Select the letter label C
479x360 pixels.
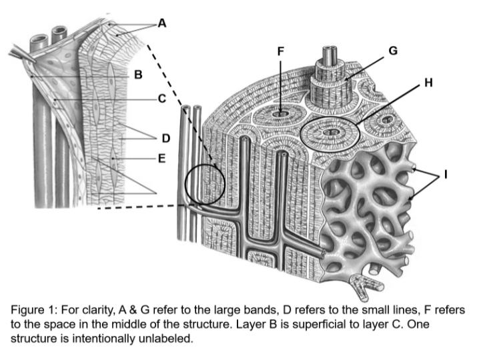click(161, 99)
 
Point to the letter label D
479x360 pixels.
click(165, 138)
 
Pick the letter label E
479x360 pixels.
click(161, 159)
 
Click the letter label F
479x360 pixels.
click(281, 51)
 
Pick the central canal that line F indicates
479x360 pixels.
click(281, 113)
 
